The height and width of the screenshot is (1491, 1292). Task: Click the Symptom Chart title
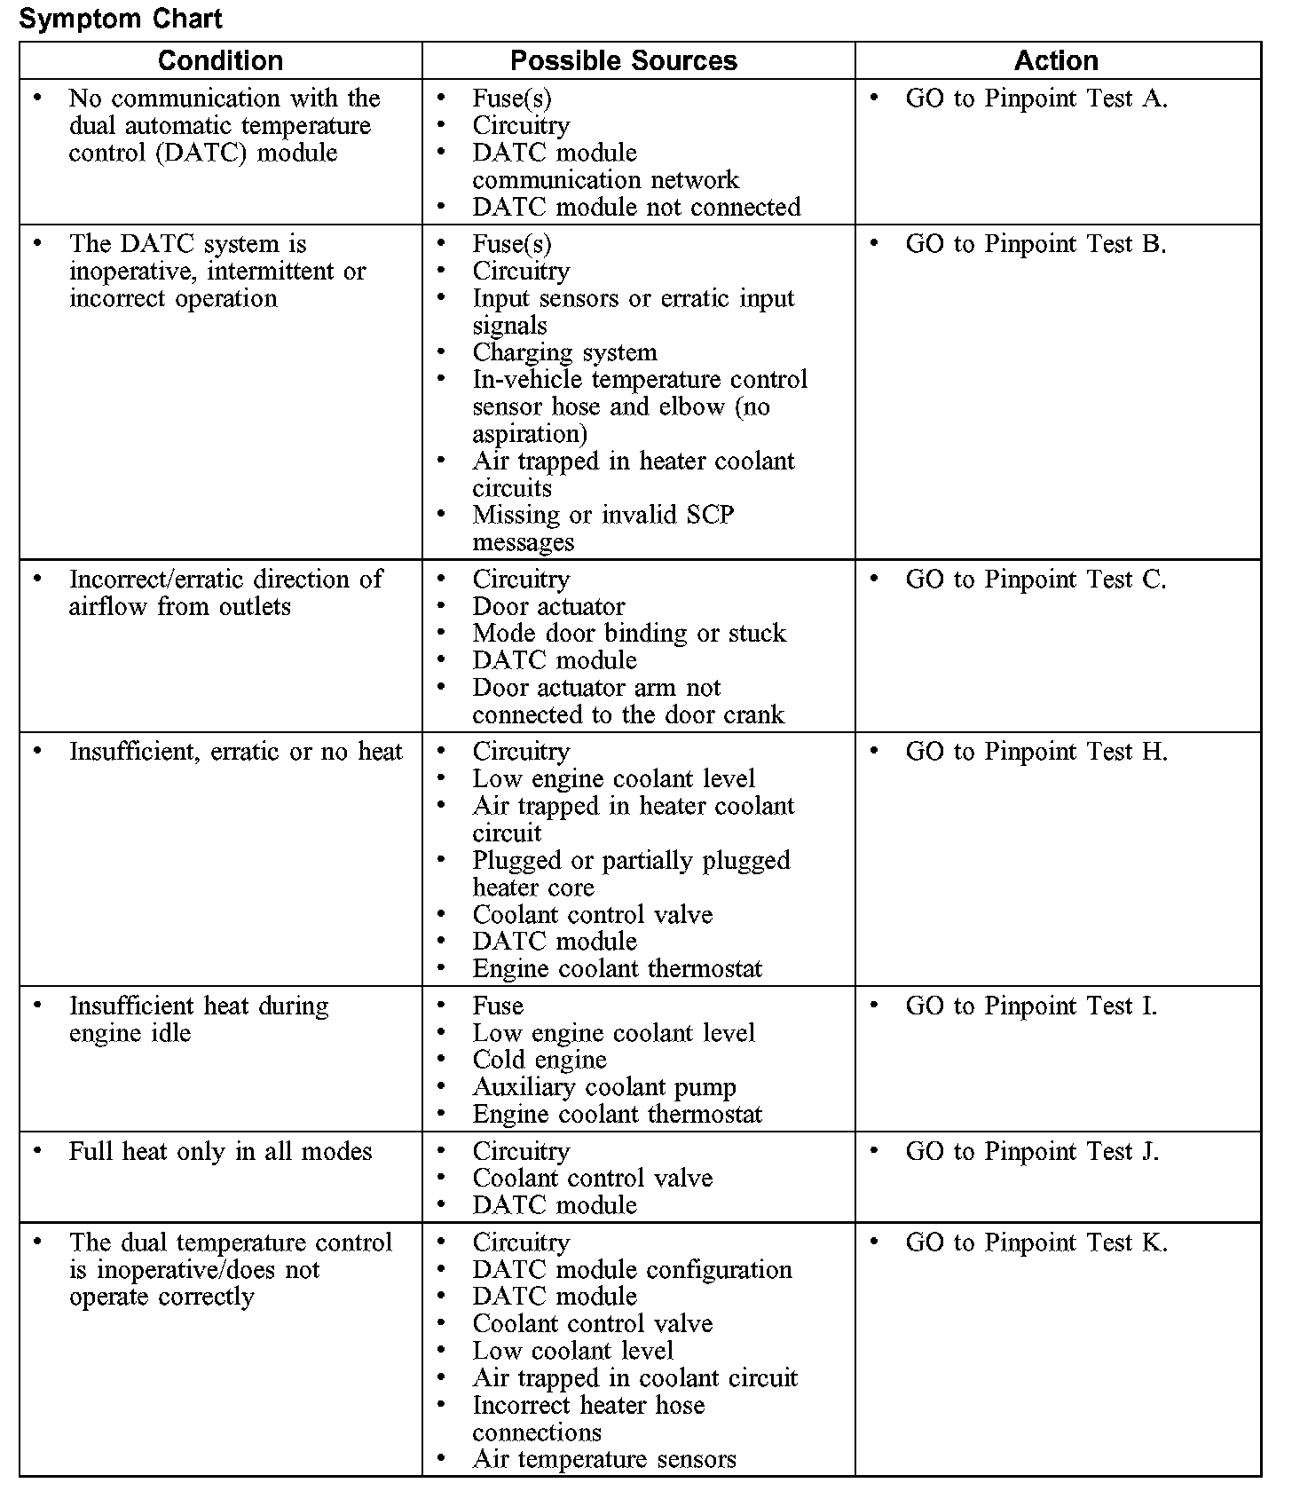pos(121,19)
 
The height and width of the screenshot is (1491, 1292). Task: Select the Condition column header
pos(220,60)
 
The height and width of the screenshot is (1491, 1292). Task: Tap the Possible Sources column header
pos(624,60)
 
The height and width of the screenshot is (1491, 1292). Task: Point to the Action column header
pos(1056,60)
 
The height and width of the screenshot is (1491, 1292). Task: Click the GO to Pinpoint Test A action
pos(1036,99)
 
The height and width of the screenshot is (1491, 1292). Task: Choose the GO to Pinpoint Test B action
pos(1036,244)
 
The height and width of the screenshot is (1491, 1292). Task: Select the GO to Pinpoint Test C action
pos(1036,580)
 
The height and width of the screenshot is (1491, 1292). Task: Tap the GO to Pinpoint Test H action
pos(1036,752)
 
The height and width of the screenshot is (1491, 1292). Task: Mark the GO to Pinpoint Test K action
pos(1036,1242)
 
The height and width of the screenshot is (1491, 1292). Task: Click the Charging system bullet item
pos(564,352)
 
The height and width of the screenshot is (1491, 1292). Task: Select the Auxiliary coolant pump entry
pos(603,1087)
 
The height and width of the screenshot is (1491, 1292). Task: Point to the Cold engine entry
pos(540,1060)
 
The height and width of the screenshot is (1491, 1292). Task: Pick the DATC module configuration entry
pos(632,1270)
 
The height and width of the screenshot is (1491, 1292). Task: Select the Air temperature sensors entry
pos(603,1459)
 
